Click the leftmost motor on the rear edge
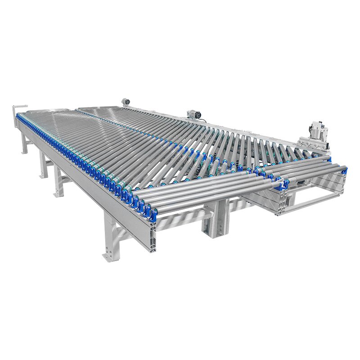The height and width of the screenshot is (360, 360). click(x=126, y=102)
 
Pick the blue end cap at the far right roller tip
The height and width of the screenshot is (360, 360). click(x=345, y=169)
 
